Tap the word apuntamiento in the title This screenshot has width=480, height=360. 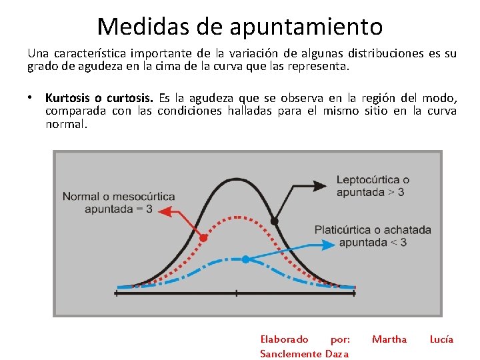[306, 27]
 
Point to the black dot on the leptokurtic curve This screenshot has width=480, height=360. [274, 221]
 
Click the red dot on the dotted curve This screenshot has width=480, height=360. [204, 237]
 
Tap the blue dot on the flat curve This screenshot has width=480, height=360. [245, 259]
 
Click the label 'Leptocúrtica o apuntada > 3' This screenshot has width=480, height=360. [373, 186]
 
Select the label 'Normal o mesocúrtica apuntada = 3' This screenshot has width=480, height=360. [119, 203]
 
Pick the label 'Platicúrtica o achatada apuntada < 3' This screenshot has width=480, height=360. [373, 236]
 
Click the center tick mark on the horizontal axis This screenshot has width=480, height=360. [237, 293]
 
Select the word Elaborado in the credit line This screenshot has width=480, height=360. [284, 339]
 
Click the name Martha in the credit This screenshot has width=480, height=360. [389, 339]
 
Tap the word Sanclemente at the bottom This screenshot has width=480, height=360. [291, 353]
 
